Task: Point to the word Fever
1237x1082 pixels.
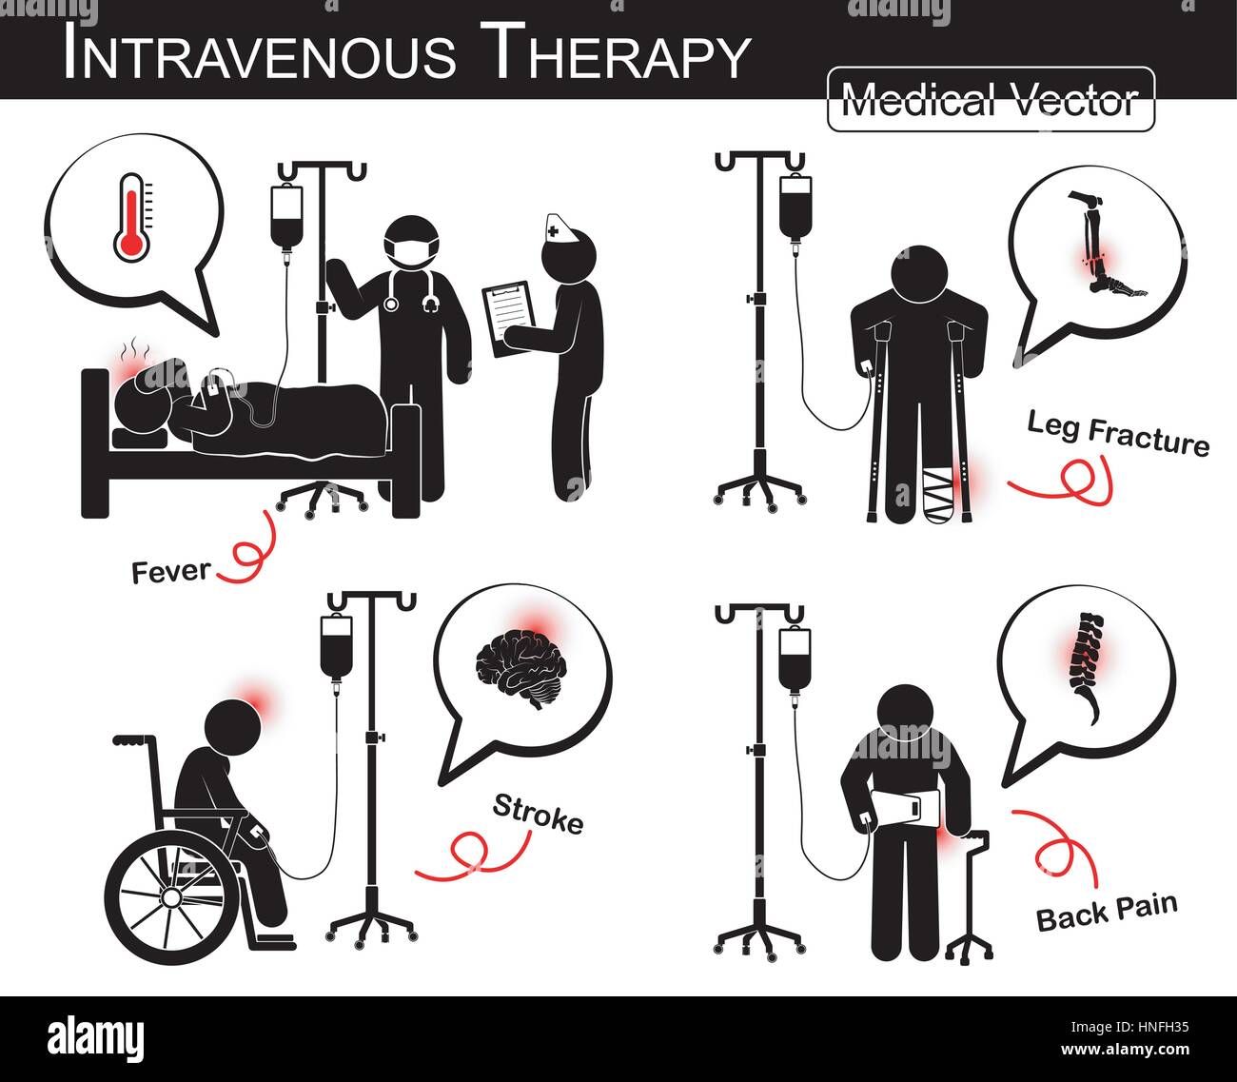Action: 171,572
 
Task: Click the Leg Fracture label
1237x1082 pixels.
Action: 1117,434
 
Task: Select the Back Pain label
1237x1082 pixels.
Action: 1106,912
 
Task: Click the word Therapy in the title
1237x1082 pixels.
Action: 615,54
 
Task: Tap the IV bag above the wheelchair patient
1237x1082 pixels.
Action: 336,647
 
